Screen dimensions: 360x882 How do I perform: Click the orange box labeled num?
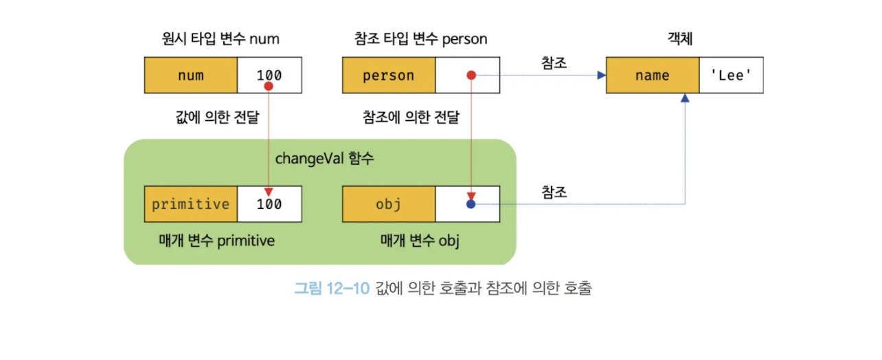[x=190, y=76]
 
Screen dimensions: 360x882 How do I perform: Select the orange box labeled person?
[x=388, y=76]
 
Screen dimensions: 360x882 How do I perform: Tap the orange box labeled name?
[x=652, y=76]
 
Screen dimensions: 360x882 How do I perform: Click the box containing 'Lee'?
[x=731, y=76]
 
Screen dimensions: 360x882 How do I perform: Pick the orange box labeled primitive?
[x=190, y=204]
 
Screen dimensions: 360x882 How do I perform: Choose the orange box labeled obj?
[x=388, y=204]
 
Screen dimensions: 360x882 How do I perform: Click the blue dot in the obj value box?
[x=471, y=204]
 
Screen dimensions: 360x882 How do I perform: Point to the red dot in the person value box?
[x=471, y=75]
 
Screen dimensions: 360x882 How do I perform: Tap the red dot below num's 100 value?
[x=269, y=87]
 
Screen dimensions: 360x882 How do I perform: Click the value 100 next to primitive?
[x=269, y=204]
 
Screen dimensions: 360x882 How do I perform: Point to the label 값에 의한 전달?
[x=217, y=117]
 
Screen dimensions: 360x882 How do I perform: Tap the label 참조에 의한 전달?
[x=410, y=117]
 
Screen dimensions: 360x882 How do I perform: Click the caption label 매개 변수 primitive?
[x=216, y=240]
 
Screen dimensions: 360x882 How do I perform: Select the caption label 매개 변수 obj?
[x=420, y=240]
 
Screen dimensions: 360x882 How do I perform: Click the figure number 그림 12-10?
[x=332, y=288]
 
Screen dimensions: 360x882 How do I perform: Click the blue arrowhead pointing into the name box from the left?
[x=601, y=75]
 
